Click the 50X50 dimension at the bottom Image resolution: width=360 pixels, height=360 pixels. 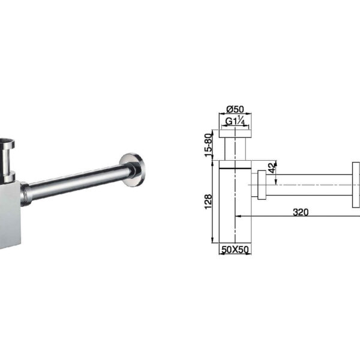point(235,249)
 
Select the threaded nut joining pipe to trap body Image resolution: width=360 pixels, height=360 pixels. point(25,192)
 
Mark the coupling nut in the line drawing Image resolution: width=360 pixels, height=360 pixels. point(262,185)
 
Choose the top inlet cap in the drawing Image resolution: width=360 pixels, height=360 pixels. point(235,133)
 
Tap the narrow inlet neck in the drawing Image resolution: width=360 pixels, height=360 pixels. point(235,149)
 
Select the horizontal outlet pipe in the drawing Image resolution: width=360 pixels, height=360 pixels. point(309,185)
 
